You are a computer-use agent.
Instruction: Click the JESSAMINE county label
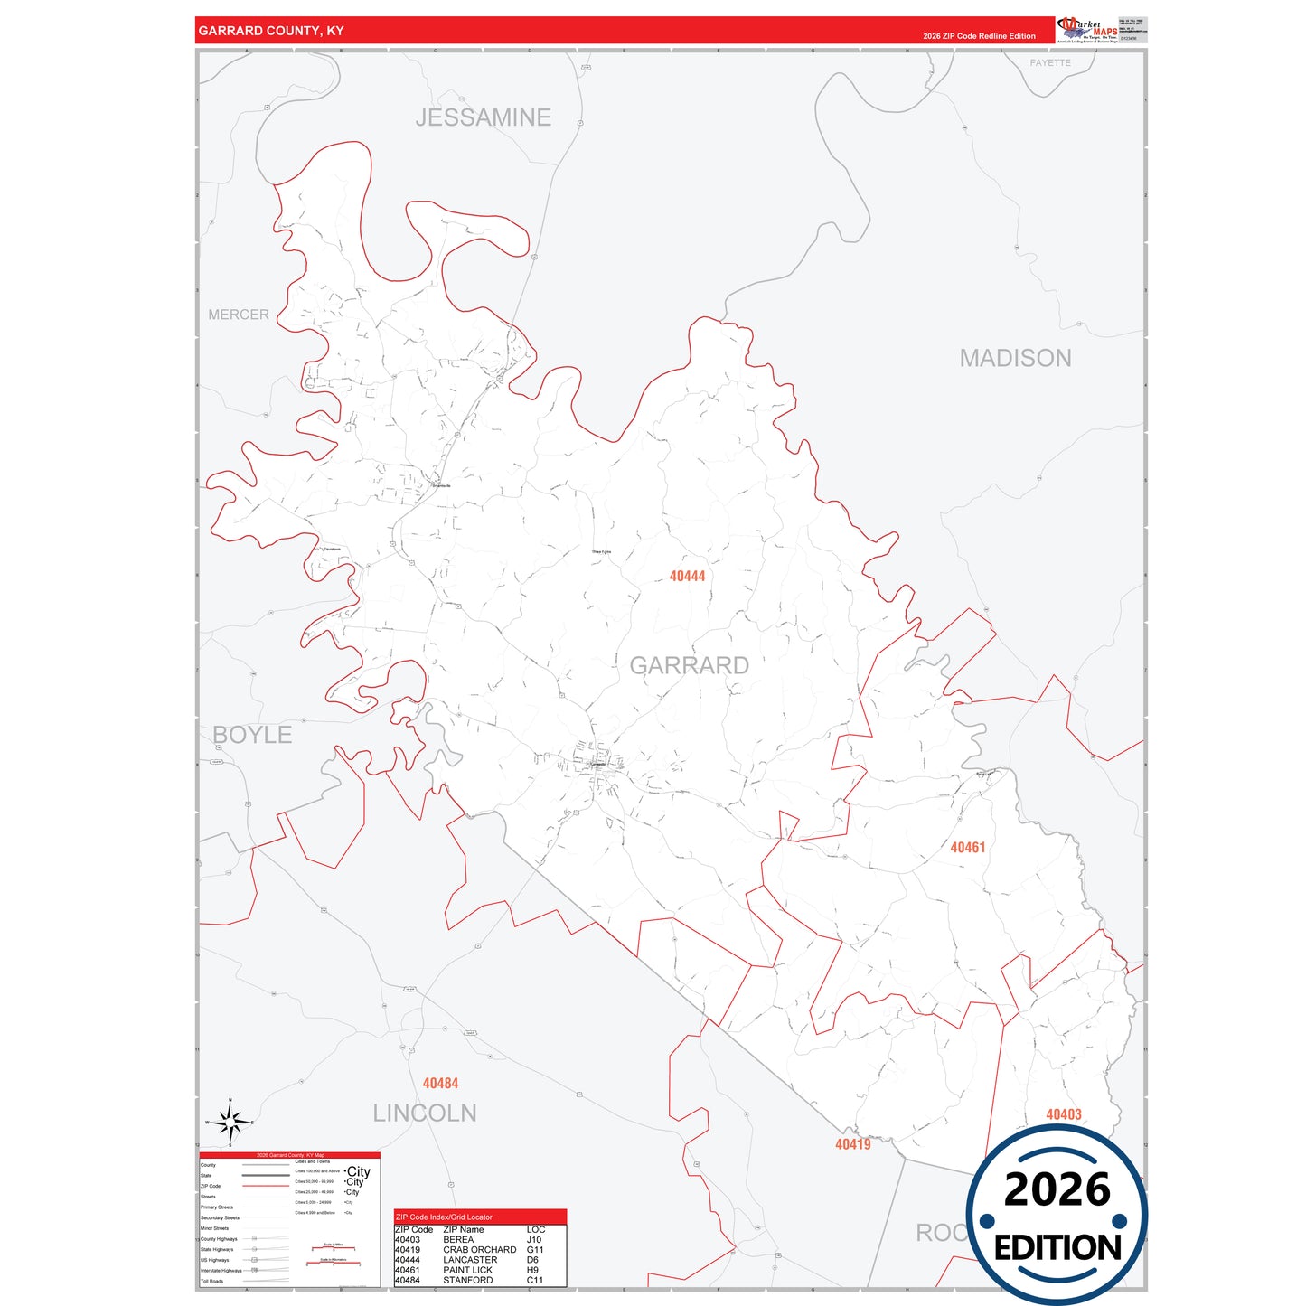483,117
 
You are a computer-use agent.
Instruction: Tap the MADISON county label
1015,358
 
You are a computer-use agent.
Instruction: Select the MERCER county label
239,315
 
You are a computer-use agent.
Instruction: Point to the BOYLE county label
252,735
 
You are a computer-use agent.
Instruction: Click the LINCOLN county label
425,1113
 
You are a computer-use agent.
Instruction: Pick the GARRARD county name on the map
689,665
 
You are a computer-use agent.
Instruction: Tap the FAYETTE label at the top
1049,63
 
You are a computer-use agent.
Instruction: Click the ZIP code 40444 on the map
687,576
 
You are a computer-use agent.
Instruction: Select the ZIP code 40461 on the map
967,847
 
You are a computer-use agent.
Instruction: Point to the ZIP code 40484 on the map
440,1083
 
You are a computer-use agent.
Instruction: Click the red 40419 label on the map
852,1144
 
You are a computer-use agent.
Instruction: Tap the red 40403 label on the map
1063,1114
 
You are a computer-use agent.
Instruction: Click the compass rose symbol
230,1123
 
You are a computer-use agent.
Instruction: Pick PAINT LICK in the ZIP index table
467,1270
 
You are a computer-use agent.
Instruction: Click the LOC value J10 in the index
534,1240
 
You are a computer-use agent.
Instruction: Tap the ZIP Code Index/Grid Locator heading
444,1217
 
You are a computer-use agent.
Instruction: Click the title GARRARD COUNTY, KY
271,31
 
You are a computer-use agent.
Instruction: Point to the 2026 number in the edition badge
1057,1189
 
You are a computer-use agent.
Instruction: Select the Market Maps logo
1087,30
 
